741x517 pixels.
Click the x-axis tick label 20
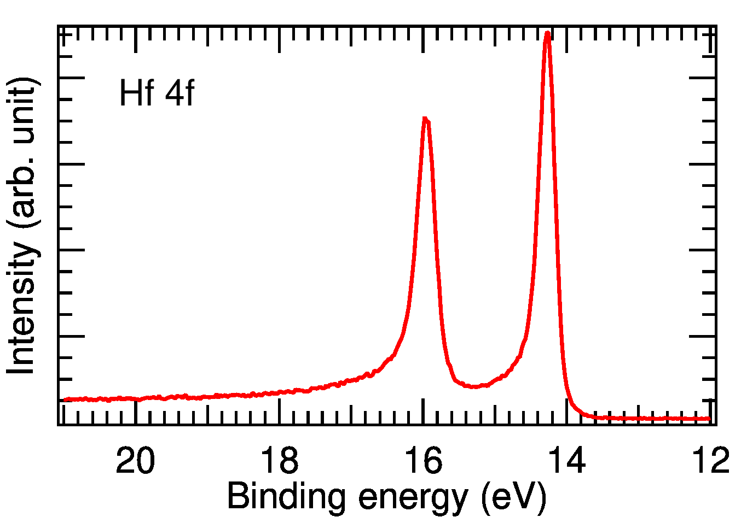(136, 460)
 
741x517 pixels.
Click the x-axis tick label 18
(280, 460)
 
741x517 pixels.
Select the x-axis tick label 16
(423, 460)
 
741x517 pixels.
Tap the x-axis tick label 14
(567, 460)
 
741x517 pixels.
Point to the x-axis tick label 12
(710, 460)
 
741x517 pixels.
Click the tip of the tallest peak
(547, 34)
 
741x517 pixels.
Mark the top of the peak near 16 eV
(425, 119)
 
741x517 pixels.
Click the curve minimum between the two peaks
(474, 386)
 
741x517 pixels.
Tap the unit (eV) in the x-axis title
(513, 497)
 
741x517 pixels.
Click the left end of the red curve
(65, 399)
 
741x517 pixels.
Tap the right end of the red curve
(709, 419)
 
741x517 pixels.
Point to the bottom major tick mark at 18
(280, 411)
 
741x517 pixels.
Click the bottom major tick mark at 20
(136, 411)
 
